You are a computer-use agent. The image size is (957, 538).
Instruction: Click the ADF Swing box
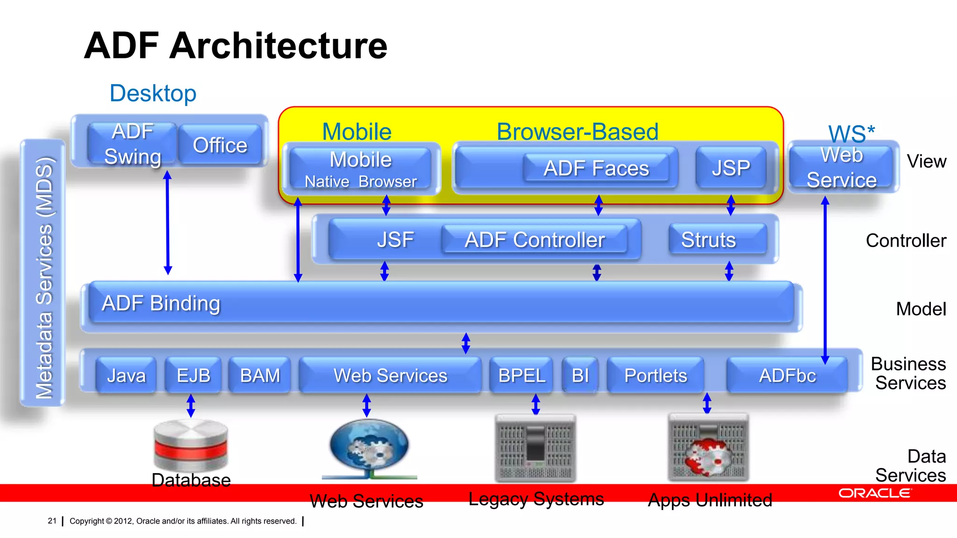click(x=133, y=144)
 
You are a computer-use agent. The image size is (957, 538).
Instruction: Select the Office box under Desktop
click(x=220, y=145)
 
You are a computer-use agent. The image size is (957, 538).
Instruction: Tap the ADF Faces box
click(x=596, y=168)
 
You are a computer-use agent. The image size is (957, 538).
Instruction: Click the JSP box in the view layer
click(x=731, y=168)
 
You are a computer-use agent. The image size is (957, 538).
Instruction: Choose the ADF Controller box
click(x=535, y=240)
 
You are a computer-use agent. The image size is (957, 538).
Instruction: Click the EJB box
click(x=193, y=375)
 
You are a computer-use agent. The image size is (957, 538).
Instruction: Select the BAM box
click(x=260, y=375)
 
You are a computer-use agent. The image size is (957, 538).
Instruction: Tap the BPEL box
click(x=521, y=375)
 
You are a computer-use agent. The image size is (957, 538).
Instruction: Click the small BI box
click(x=580, y=375)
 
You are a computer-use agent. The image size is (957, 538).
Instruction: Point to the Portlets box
click(x=656, y=375)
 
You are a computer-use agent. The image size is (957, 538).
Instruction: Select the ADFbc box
click(x=787, y=375)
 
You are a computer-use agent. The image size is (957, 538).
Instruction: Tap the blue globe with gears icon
click(x=369, y=446)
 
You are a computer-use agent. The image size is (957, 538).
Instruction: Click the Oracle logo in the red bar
click(x=875, y=493)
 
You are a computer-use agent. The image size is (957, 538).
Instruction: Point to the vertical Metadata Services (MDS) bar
click(x=43, y=273)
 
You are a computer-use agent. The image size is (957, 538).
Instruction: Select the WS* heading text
click(x=851, y=134)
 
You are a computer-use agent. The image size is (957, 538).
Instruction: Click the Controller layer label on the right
click(x=906, y=241)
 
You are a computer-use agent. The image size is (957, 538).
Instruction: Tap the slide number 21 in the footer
click(x=52, y=521)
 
